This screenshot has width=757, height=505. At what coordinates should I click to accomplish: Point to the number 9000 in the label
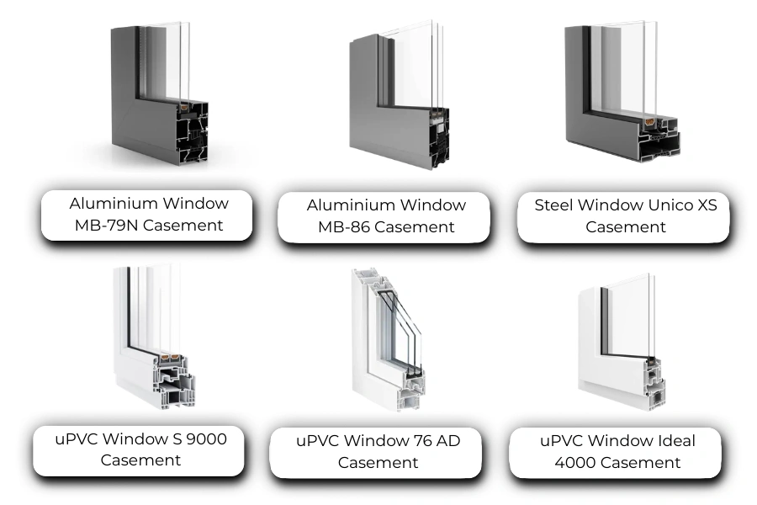pyautogui.click(x=207, y=439)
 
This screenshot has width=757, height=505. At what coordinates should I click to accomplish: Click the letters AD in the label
pyautogui.click(x=448, y=441)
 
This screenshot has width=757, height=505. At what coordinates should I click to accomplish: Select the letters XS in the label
pyautogui.click(x=707, y=205)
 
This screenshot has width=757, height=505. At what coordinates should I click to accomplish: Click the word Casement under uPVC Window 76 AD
pyautogui.click(x=378, y=463)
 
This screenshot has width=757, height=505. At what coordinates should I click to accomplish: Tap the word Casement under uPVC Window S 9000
pyautogui.click(x=140, y=460)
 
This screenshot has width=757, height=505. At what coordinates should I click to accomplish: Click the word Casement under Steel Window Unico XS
pyautogui.click(x=626, y=227)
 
